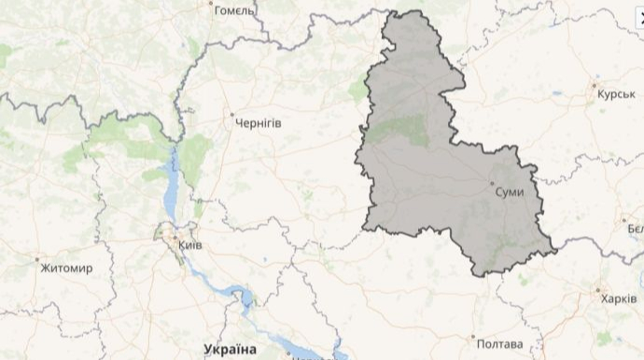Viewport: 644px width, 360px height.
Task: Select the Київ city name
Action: point(189,244)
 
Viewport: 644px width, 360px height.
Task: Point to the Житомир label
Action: point(66,268)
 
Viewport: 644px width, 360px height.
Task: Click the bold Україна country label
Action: point(229,349)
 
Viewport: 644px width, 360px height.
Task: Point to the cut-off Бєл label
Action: point(635,228)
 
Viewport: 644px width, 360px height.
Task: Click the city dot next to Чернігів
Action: point(232,115)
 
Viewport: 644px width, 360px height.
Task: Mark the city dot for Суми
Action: point(492,183)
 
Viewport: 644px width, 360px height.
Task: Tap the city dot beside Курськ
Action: point(595,85)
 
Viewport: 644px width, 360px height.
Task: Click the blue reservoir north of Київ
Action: point(172,187)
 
